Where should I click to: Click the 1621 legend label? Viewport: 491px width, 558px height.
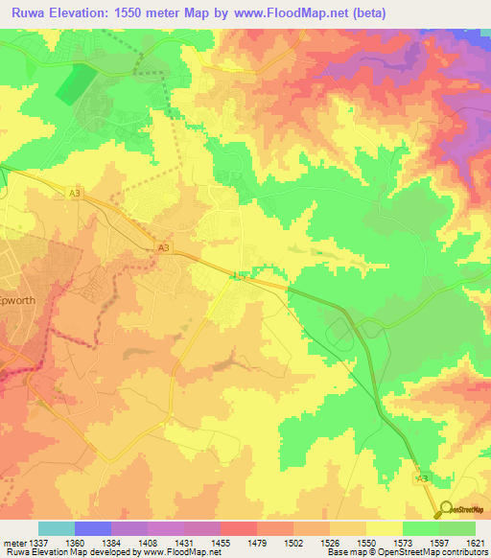tap(476, 542)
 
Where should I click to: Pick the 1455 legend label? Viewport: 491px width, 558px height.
tap(221, 542)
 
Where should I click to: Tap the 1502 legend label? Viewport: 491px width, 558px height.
tap(293, 542)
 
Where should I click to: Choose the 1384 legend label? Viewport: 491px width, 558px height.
tap(111, 542)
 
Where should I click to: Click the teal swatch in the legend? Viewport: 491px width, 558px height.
tap(56, 528)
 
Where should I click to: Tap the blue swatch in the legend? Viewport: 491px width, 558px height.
tap(92, 528)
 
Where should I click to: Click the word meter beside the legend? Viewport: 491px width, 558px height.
tap(12, 542)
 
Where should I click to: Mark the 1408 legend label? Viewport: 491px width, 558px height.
tap(148, 542)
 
